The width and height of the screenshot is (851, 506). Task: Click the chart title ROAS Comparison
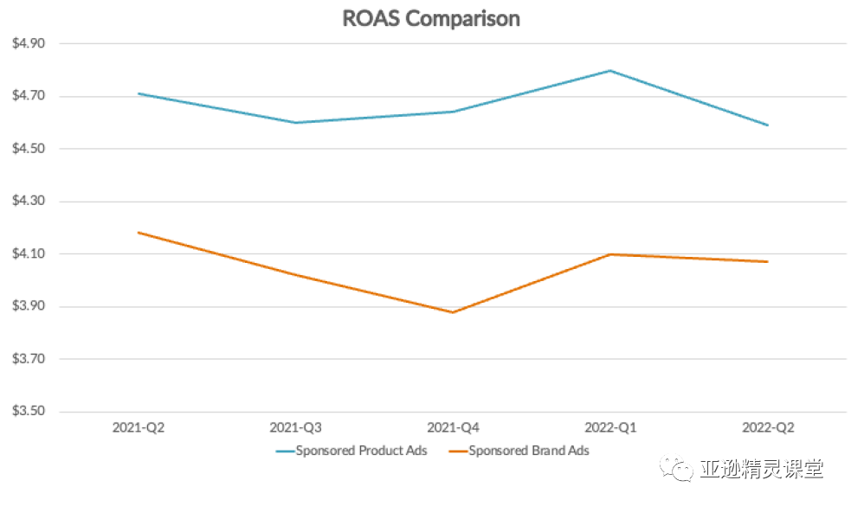(431, 18)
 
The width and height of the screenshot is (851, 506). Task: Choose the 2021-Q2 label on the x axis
(139, 428)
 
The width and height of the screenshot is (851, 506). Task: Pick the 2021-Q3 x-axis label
(296, 428)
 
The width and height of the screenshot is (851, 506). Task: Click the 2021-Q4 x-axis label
(454, 428)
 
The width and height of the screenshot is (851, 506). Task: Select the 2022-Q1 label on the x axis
(611, 428)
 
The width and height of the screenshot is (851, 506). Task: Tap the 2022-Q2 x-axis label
(769, 428)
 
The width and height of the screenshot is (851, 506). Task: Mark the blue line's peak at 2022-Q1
(611, 70)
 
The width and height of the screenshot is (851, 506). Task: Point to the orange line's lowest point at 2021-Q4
(454, 312)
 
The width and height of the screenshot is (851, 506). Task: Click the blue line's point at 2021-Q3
(296, 123)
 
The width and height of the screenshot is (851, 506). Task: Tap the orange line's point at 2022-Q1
(611, 254)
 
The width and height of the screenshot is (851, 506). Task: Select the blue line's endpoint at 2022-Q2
(768, 125)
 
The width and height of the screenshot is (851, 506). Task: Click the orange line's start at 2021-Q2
(139, 233)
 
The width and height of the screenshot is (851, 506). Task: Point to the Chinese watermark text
(762, 470)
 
